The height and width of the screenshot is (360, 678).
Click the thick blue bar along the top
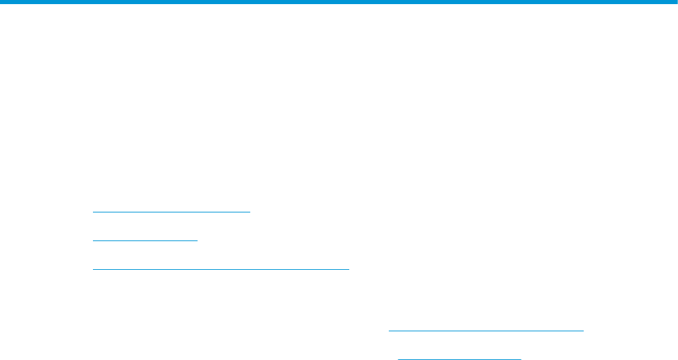tap(339, 2)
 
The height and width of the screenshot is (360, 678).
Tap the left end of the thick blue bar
tap(1, 2)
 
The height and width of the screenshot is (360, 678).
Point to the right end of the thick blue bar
tap(676, 2)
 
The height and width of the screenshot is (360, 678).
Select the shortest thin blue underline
tap(145, 240)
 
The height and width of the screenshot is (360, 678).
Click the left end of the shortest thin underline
tap(93, 240)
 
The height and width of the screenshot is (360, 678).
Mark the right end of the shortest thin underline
tap(197, 240)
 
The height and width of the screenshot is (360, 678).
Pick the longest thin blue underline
tap(221, 269)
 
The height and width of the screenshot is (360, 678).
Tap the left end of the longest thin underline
tap(93, 269)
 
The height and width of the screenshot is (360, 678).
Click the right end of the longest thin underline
tap(349, 269)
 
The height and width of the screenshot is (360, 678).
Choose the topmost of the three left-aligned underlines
tap(172, 212)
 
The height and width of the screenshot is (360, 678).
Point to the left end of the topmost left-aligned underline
tap(93, 212)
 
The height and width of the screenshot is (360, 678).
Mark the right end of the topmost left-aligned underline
tap(251, 212)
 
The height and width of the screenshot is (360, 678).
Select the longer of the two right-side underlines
tap(487, 331)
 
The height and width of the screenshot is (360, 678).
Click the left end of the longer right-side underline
tap(390, 331)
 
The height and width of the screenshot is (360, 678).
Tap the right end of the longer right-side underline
tap(584, 331)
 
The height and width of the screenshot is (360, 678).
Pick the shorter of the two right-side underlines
tap(459, 357)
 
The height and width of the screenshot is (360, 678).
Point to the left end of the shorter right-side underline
tap(398, 357)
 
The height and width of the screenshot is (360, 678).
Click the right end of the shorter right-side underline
tap(520, 357)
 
